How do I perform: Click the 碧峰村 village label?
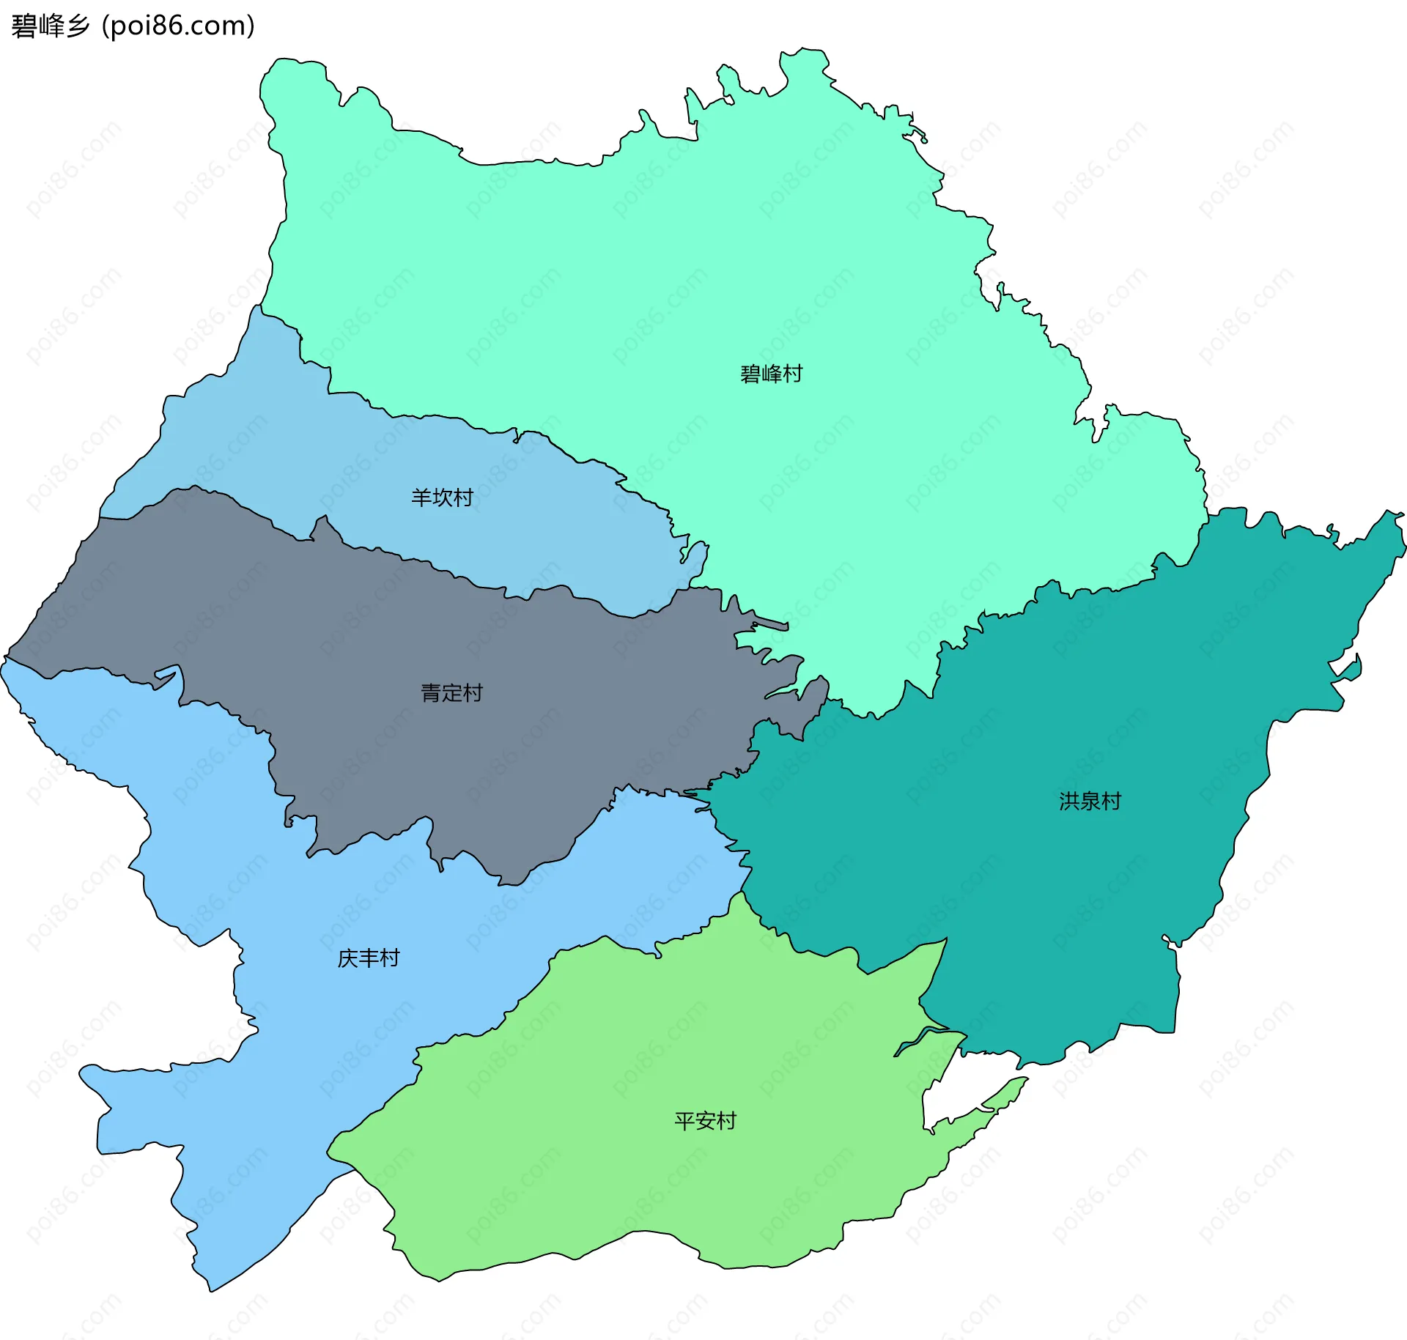[771, 374]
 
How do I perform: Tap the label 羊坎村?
[442, 498]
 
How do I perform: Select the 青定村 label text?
[451, 693]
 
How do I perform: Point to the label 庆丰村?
[368, 958]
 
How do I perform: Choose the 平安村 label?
[705, 1121]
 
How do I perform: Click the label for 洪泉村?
[1090, 802]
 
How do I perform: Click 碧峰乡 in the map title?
[50, 26]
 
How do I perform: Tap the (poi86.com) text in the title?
[178, 26]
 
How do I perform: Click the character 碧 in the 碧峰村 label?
[750, 374]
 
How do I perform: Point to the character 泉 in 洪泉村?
[1090, 802]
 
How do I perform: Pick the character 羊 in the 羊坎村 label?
[421, 498]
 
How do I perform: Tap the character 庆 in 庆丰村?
[347, 958]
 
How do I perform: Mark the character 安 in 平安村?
[705, 1121]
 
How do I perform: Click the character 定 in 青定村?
[451, 693]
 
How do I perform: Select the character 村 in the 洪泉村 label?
[1111, 802]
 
